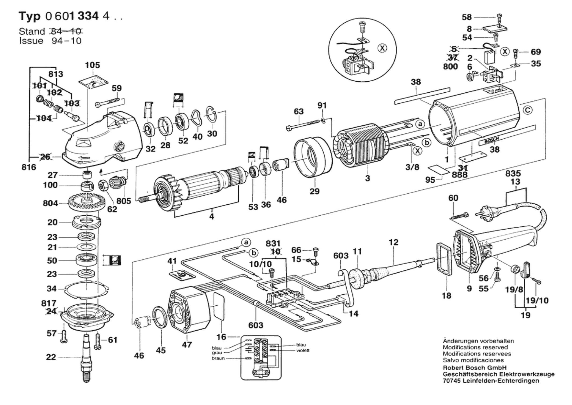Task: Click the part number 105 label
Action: point(92,65)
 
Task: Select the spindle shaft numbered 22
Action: point(86,357)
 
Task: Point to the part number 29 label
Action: point(314,191)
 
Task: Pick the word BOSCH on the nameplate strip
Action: point(492,140)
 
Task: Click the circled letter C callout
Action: point(528,110)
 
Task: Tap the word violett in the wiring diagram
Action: point(303,350)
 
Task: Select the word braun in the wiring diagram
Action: point(218,358)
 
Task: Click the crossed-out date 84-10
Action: point(66,31)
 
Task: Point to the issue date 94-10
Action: point(66,41)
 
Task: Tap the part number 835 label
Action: point(513,173)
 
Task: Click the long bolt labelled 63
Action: point(303,125)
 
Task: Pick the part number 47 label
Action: point(187,344)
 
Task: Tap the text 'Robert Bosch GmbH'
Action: point(475,368)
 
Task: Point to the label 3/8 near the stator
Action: point(412,167)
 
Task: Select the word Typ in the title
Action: point(29,16)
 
